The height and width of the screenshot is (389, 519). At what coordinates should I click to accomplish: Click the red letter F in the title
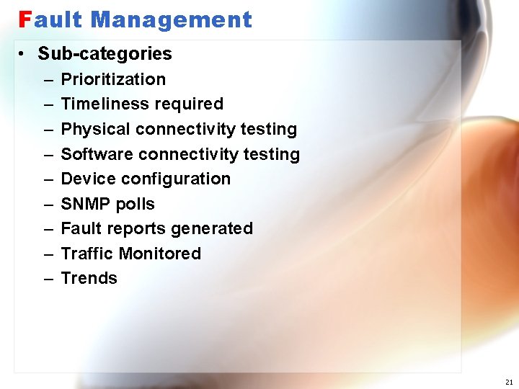click(25, 19)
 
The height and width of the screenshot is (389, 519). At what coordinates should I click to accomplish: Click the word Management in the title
click(172, 19)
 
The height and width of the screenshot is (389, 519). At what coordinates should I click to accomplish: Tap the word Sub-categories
click(105, 53)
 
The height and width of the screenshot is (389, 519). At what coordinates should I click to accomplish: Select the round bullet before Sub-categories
click(23, 54)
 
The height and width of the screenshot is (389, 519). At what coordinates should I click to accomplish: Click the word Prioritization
click(113, 79)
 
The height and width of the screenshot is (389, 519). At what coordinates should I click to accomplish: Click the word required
click(190, 104)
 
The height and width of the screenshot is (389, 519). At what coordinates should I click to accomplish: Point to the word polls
click(135, 204)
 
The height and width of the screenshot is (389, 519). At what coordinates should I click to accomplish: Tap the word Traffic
click(87, 254)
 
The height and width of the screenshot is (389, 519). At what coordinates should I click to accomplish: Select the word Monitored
click(160, 254)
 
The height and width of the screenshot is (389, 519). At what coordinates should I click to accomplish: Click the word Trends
click(89, 278)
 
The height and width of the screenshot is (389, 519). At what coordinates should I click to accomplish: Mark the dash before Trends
click(48, 279)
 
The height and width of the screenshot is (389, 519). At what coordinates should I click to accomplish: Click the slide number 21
click(509, 382)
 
